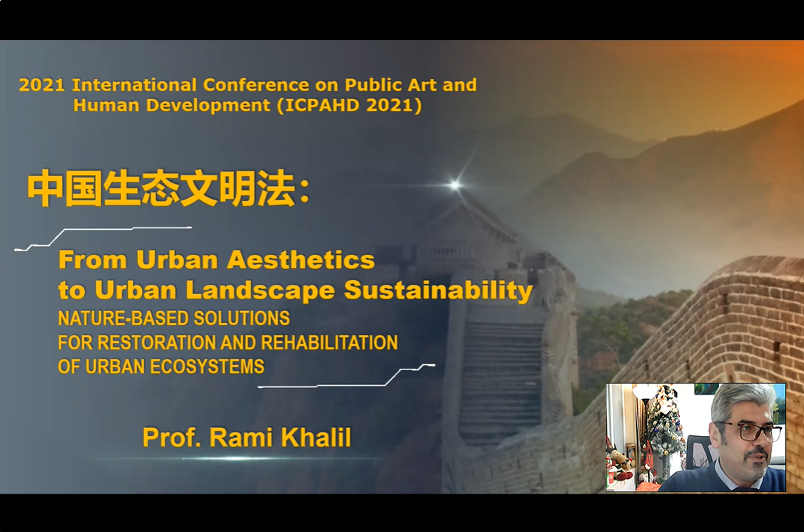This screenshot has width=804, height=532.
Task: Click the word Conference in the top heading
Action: click(256, 84)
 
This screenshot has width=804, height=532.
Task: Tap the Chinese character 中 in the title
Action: click(45, 188)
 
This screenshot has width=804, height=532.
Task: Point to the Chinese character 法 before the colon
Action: click(276, 188)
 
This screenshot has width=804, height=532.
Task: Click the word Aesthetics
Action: click(301, 260)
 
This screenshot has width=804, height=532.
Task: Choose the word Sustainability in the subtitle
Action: click(438, 290)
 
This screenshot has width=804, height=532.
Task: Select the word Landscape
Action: click(260, 290)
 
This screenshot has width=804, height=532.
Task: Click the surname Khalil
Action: click(316, 437)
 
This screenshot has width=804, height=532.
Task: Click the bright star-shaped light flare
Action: click(454, 185)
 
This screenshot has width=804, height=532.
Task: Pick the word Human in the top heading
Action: click(106, 105)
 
